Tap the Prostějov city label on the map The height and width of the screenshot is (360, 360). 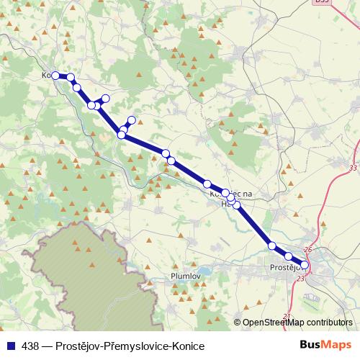click(x=287, y=269)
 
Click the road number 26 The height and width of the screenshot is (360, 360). click(x=308, y=250)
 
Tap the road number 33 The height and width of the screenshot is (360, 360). click(x=351, y=168)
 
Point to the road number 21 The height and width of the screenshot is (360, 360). click(x=287, y=316)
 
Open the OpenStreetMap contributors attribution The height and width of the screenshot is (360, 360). click(x=292, y=323)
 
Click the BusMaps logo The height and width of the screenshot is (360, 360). click(x=325, y=346)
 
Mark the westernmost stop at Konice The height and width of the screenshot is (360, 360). click(x=55, y=75)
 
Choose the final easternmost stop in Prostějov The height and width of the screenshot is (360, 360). click(x=305, y=265)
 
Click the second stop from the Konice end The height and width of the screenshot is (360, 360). click(x=71, y=76)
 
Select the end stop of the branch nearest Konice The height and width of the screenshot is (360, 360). click(x=106, y=98)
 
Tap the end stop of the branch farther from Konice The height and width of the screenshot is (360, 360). click(x=131, y=120)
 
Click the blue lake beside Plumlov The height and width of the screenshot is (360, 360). click(x=203, y=272)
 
